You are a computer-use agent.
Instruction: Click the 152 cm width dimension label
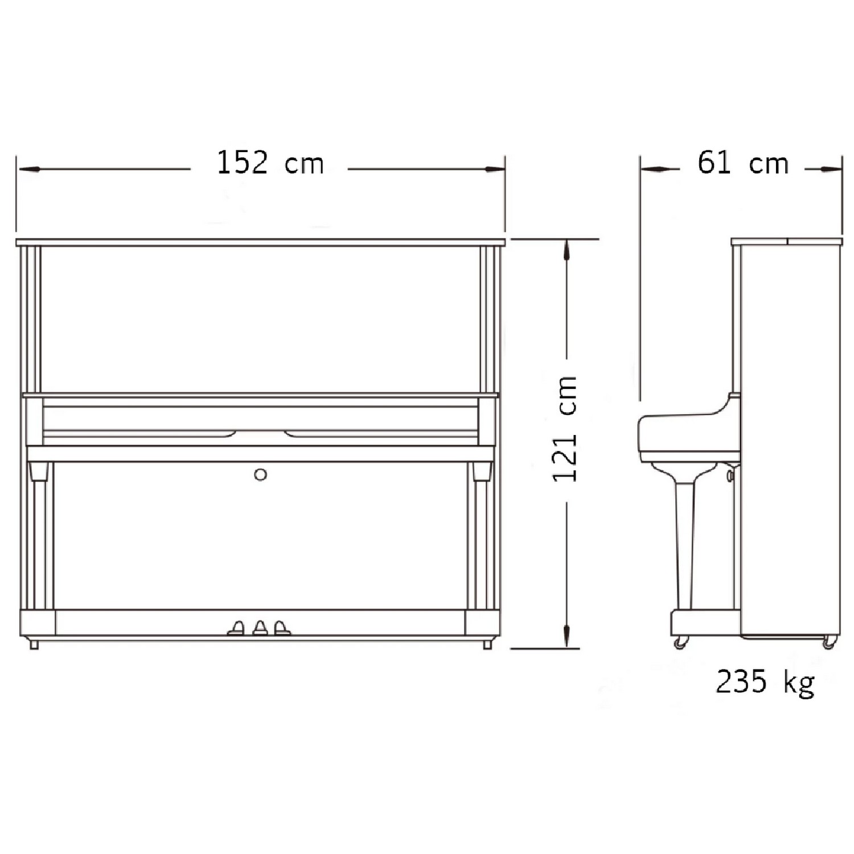270,163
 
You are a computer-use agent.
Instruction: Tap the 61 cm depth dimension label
743,163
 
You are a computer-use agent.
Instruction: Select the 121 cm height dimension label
565,429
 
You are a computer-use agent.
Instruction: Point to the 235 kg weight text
765,681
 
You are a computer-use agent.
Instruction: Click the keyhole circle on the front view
261,474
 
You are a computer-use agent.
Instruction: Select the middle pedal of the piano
260,627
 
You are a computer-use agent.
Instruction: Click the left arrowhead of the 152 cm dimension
28,169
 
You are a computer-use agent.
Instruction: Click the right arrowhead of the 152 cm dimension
494,169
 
